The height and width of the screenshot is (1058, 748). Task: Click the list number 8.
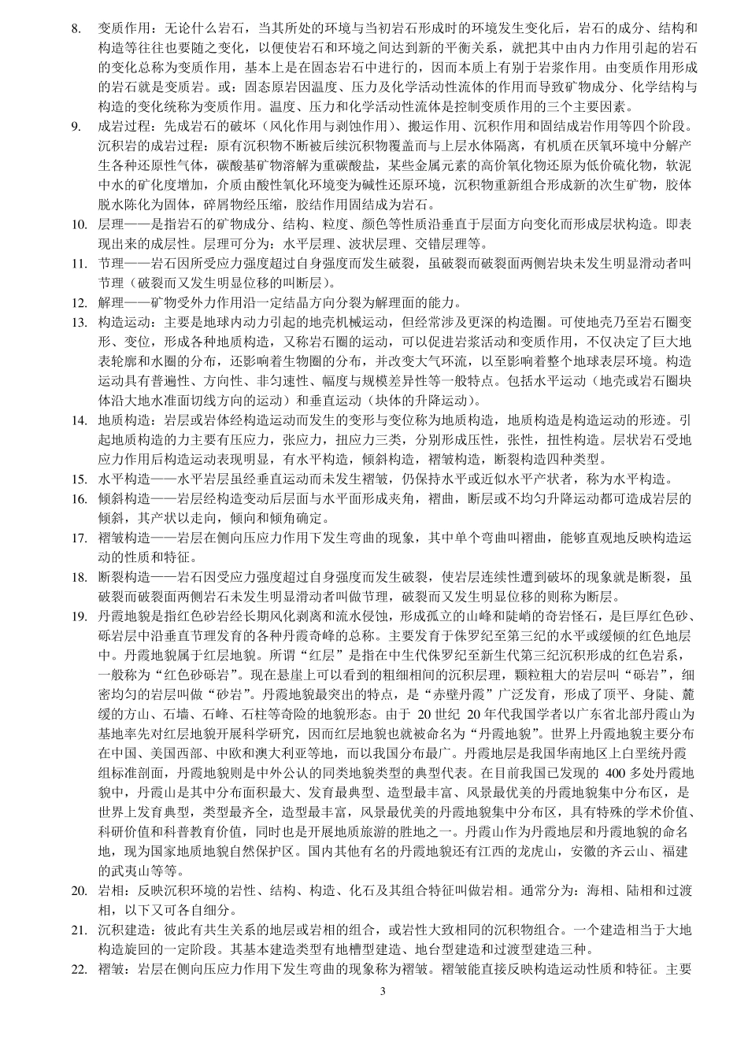click(76, 29)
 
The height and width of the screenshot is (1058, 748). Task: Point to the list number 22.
click(78, 969)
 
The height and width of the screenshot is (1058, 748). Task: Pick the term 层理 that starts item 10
click(109, 224)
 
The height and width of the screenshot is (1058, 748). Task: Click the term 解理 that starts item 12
click(109, 302)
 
